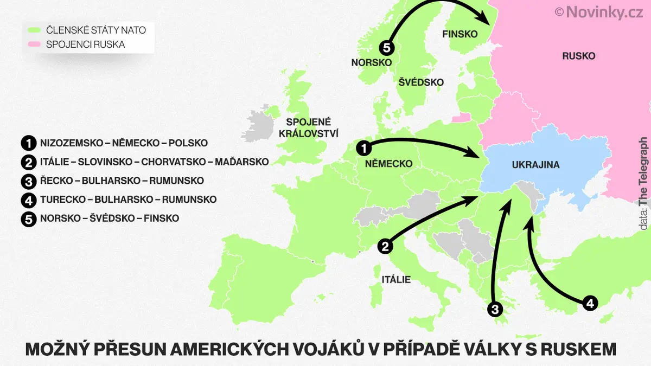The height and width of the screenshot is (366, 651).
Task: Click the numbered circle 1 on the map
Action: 364,147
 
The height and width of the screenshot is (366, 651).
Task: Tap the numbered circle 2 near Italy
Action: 385,246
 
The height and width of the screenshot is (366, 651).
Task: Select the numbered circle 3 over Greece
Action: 494,309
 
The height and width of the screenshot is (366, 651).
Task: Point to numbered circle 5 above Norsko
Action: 386,48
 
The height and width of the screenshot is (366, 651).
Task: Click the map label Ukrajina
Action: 535,165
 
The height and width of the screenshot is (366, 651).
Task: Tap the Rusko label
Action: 578,56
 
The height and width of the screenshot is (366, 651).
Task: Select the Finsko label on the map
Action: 459,34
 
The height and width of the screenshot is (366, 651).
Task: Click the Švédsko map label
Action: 421,82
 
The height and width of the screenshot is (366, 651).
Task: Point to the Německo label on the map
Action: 388,164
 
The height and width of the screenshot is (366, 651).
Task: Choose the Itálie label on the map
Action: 395,280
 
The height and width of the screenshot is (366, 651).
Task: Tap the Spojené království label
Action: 308,127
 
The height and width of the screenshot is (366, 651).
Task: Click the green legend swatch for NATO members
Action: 36,30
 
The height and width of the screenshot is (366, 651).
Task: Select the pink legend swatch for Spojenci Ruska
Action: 36,44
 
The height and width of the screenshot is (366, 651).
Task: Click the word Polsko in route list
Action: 188,144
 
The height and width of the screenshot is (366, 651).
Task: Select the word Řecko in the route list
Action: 55,181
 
